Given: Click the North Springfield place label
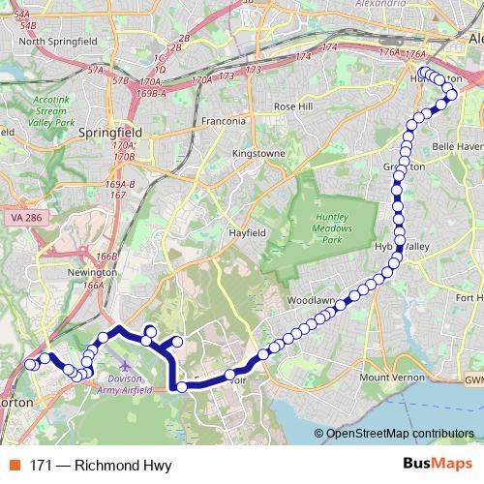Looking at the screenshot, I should [x=59, y=41].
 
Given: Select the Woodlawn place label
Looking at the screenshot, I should [x=311, y=301].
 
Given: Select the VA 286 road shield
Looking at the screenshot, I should [x=29, y=221].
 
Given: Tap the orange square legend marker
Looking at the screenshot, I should [x=15, y=466].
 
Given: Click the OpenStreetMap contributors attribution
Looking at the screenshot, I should [x=399, y=434].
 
